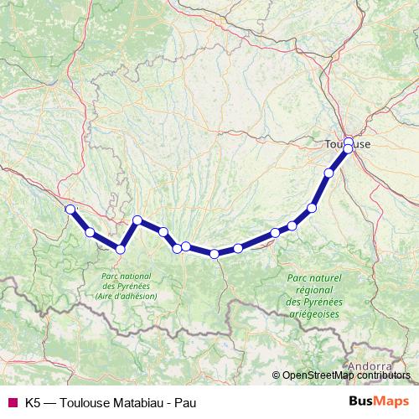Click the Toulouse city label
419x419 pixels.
[x=347, y=144]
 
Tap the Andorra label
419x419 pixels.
[x=369, y=366]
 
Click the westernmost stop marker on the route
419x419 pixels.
[x=70, y=209]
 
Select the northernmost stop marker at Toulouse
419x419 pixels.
[x=349, y=142]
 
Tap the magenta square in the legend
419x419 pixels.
[x=13, y=402]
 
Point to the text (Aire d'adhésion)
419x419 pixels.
[x=126, y=296]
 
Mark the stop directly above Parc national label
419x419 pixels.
[x=121, y=249]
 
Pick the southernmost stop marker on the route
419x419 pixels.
[x=215, y=253]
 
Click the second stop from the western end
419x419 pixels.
[x=90, y=232]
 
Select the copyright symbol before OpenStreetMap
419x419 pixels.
[x=276, y=375]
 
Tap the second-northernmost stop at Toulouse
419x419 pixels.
[x=348, y=149]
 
